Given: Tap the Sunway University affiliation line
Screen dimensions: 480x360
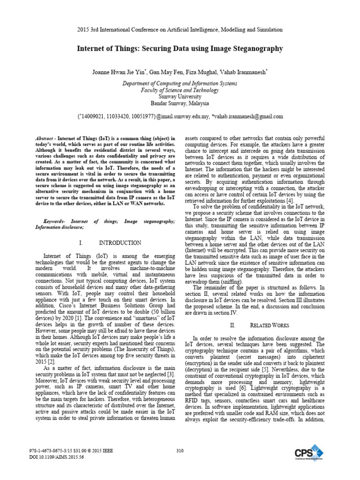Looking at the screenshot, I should tap(180, 97).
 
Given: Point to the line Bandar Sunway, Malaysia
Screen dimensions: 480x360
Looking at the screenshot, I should tap(180, 103).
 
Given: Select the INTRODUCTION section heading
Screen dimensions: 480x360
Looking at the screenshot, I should tap(120, 243).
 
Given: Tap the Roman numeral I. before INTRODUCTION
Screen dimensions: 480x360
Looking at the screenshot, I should tap(81, 243).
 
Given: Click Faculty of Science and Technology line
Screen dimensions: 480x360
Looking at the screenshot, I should tap(180, 90).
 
